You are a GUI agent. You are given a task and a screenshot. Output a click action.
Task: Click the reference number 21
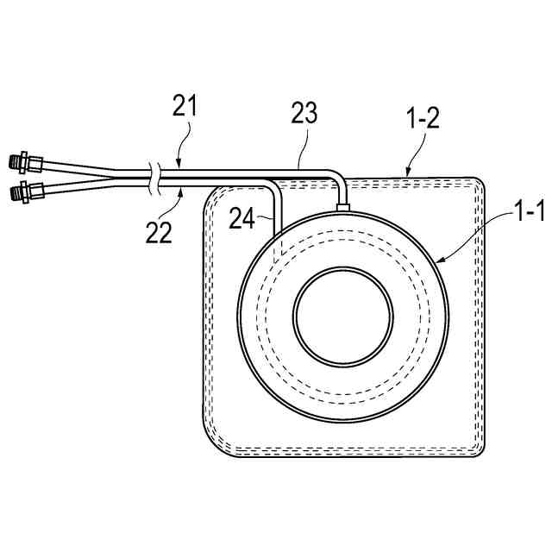[184, 107]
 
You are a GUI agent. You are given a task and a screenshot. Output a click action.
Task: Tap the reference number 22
[183, 230]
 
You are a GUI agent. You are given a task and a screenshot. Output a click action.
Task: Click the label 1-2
[422, 118]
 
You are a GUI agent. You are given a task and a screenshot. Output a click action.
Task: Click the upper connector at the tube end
[26, 160]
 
